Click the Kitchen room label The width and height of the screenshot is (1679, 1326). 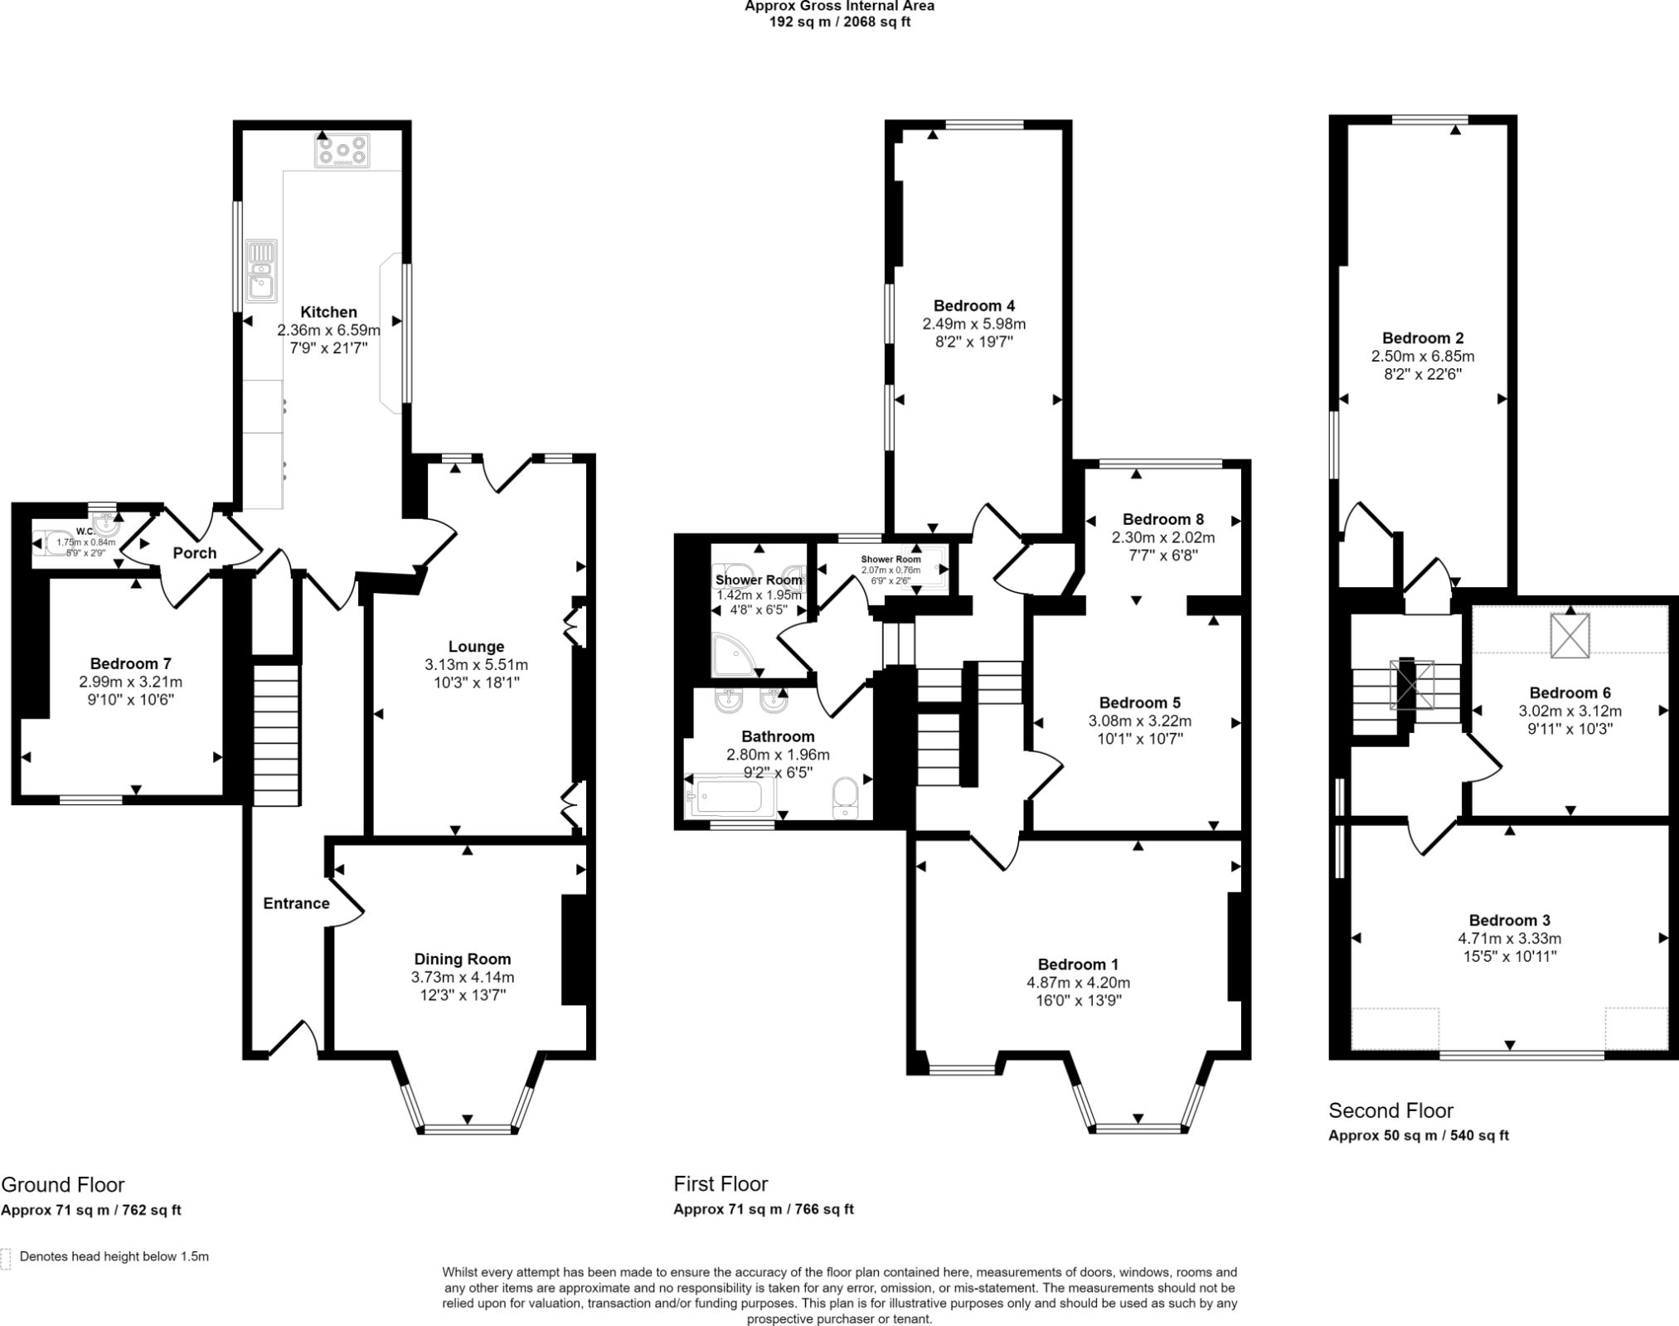[x=328, y=312]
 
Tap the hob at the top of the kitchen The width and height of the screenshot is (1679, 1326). [x=342, y=151]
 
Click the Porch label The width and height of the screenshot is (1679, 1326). [x=195, y=553]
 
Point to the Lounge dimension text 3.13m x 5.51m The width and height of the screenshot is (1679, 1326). [x=476, y=665]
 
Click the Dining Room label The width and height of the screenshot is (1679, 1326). [x=463, y=959]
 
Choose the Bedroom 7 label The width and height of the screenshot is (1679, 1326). [x=131, y=663]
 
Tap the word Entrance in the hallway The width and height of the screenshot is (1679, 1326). [x=296, y=903]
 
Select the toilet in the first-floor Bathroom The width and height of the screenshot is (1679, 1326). [x=846, y=798]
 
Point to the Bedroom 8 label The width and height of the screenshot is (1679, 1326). [x=1157, y=519]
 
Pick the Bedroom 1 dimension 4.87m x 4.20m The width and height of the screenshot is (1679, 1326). [x=1078, y=983]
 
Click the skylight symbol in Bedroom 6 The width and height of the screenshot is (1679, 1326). [x=1570, y=635]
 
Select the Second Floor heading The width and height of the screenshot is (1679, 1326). [x=1390, y=1110]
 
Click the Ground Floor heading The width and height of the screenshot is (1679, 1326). [x=62, y=1184]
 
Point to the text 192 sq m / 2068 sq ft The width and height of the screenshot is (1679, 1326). [x=840, y=22]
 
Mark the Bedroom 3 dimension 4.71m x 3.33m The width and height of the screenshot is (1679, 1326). [x=1509, y=939]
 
